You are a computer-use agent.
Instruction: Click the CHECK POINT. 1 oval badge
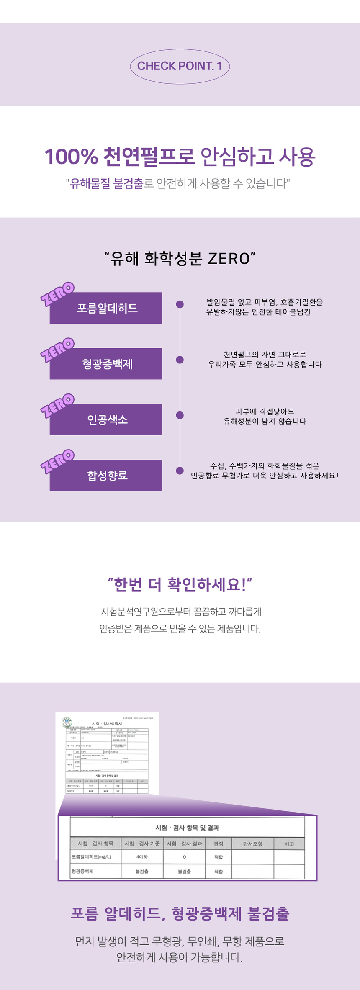click(180, 66)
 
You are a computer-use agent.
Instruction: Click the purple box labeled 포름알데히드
click(106, 308)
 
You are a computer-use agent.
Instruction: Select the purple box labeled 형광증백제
click(106, 364)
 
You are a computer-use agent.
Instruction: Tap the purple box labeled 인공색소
click(106, 419)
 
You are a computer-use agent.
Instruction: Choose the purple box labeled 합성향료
click(106, 475)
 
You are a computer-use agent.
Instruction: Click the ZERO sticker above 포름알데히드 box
click(57, 294)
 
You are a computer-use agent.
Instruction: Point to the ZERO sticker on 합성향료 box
click(57, 461)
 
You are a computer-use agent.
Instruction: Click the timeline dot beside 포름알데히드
click(180, 304)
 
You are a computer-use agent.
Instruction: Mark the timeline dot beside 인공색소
click(180, 415)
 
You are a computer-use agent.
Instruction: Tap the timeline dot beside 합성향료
click(180, 471)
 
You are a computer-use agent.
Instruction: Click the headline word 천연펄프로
click(149, 157)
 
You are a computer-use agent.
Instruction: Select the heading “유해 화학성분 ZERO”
click(180, 259)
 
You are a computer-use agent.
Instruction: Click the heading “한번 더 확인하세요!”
click(180, 584)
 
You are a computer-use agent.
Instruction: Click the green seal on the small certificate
click(67, 723)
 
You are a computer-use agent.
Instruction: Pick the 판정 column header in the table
click(219, 843)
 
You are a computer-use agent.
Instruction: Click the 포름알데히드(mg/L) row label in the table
click(91, 857)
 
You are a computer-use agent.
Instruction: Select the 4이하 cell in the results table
click(142, 857)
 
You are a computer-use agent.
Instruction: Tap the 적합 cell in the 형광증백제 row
click(219, 872)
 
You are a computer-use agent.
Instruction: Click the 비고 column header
click(289, 843)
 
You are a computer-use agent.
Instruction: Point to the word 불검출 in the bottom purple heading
click(268, 913)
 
